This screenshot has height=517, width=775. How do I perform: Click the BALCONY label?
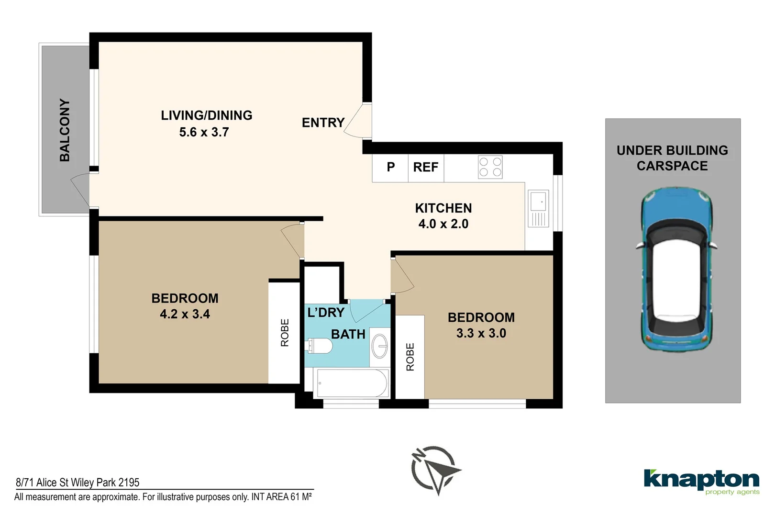[65, 130]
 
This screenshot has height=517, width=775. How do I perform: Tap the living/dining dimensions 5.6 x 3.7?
[204, 132]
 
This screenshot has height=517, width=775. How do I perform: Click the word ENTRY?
[323, 123]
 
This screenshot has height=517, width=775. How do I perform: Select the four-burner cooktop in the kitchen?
[490, 168]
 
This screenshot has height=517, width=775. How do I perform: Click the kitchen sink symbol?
[538, 208]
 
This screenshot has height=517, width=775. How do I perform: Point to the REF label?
[425, 168]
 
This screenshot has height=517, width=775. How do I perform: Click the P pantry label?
[390, 168]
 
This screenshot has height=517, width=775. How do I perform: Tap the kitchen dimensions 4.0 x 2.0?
[443, 224]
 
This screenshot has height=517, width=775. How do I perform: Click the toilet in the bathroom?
[320, 345]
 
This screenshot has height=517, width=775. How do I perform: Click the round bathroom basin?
[381, 345]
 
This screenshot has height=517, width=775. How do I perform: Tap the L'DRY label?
[326, 313]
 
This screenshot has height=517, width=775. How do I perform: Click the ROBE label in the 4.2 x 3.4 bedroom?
[285, 333]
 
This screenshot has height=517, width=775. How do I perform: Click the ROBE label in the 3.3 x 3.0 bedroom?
[410, 357]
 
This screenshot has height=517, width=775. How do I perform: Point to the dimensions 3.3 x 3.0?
[481, 334]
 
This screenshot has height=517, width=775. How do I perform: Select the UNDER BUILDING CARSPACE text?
[672, 158]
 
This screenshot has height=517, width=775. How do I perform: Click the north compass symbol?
[435, 469]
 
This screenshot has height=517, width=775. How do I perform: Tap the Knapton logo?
[701, 481]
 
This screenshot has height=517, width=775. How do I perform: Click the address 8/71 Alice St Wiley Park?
[78, 483]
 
